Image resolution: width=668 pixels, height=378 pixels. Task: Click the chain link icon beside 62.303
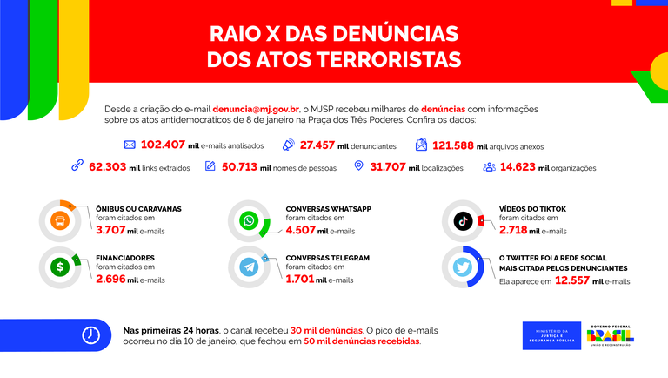tap(77, 166)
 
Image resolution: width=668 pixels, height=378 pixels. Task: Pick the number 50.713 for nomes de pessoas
tap(245, 166)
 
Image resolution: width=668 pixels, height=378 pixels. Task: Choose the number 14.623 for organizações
tap(518, 166)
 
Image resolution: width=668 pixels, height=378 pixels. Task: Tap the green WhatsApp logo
tap(250, 221)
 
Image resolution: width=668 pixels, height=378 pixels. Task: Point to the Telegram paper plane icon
tap(250, 267)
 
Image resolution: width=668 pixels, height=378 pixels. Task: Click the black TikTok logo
tap(464, 221)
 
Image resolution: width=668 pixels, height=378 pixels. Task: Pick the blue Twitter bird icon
tap(464, 267)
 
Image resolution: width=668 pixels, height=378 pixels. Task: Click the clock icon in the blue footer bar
tap(90, 335)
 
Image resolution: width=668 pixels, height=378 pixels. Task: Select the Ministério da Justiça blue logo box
tap(551, 335)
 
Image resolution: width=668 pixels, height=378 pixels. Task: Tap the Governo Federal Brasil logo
tap(611, 335)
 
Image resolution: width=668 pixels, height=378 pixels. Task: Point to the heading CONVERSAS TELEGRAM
tap(328, 258)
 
